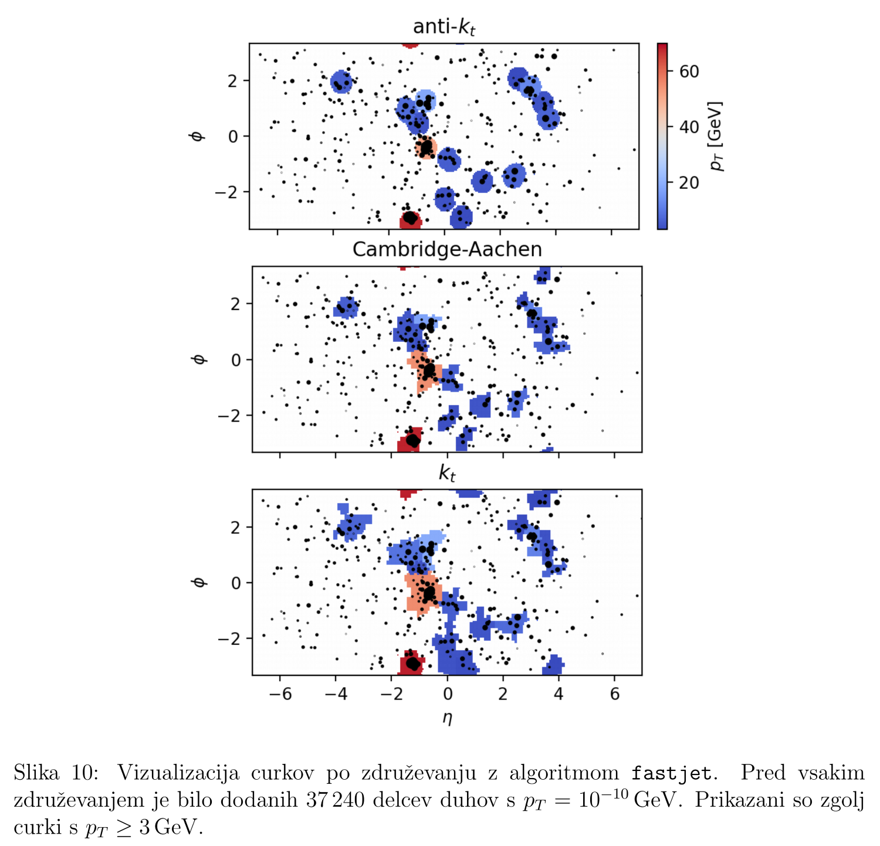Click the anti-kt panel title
[x=444, y=28]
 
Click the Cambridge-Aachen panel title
[x=447, y=250]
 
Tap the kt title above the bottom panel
[x=447, y=473]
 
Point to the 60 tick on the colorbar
[x=689, y=72]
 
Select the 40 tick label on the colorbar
[x=689, y=127]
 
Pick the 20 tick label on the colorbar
[x=689, y=183]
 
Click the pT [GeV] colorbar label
[x=716, y=136]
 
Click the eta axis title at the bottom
[x=447, y=717]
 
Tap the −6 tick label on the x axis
[x=280, y=694]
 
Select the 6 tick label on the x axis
[x=615, y=694]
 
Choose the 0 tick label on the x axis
[x=448, y=694]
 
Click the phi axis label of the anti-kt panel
[x=198, y=136]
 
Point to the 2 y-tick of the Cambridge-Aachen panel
[x=236, y=304]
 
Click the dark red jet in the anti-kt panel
[x=410, y=219]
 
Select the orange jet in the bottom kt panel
[x=422, y=592]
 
